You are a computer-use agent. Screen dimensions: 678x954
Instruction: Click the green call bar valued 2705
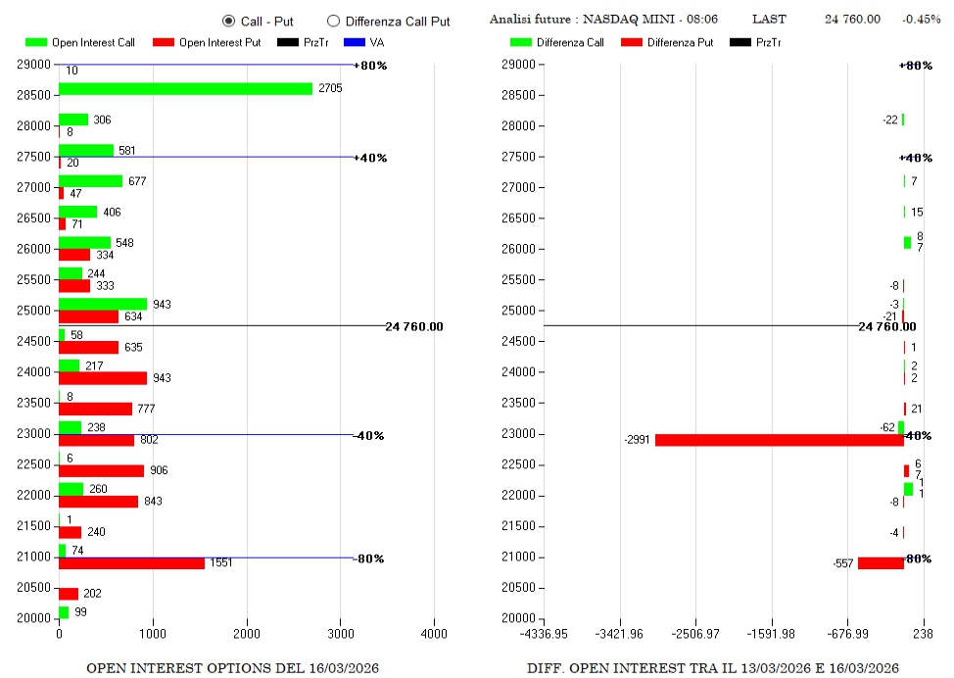click(x=185, y=89)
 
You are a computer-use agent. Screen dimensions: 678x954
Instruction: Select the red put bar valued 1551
click(x=131, y=563)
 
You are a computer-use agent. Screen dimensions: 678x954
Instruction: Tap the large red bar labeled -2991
click(x=779, y=440)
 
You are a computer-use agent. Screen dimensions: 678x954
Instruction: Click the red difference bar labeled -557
click(x=881, y=563)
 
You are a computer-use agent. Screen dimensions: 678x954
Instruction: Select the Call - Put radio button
click(x=229, y=21)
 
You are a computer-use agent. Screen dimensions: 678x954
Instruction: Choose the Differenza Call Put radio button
click(x=333, y=21)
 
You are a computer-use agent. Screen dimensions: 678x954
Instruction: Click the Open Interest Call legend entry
click(x=80, y=43)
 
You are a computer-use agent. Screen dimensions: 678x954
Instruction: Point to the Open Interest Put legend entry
click(x=208, y=43)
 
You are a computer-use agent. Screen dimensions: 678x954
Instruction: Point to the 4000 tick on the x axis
click(x=434, y=633)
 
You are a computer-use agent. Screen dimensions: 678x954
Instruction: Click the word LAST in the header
click(x=769, y=20)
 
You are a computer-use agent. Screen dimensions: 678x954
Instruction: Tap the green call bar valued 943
click(x=103, y=304)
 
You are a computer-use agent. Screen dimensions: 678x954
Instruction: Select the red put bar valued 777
click(x=95, y=409)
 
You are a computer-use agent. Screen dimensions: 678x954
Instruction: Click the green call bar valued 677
click(x=90, y=181)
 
